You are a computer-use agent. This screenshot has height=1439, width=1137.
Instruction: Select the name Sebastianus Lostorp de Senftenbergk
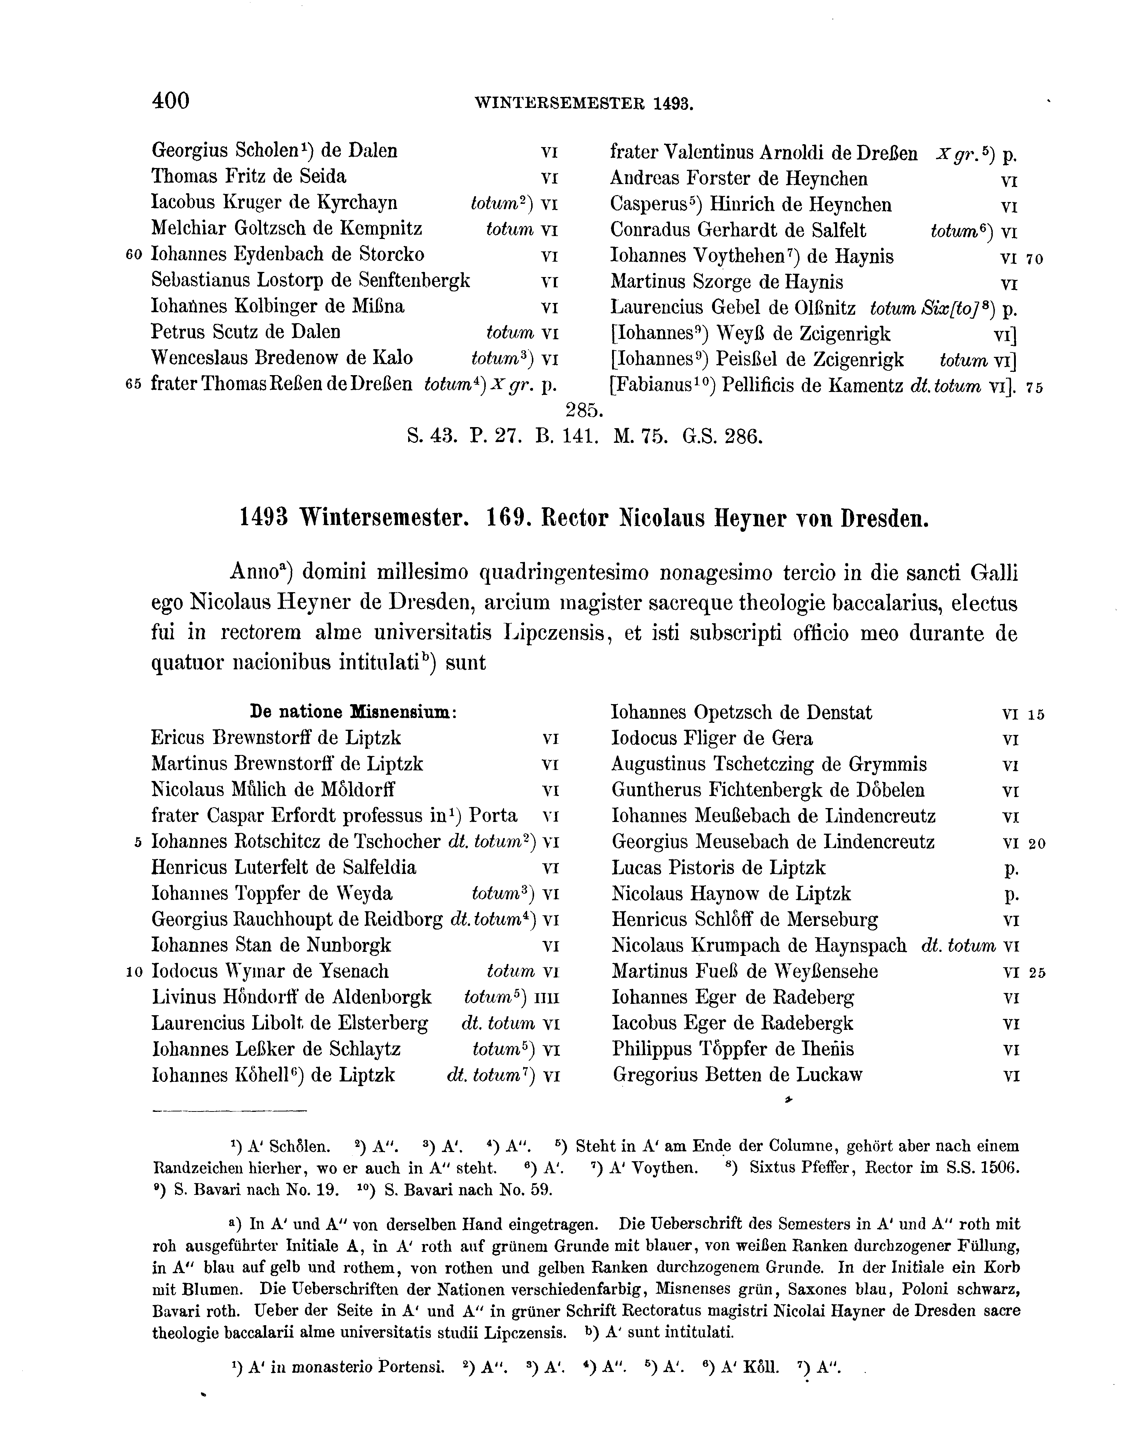coord(310,280)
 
